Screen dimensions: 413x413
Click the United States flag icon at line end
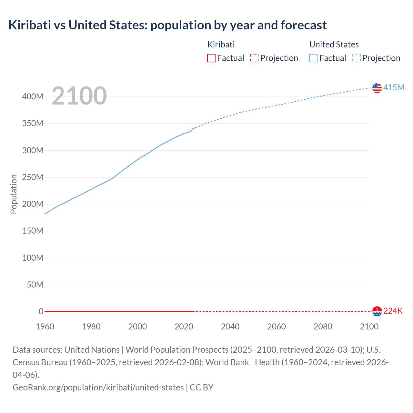[x=377, y=88]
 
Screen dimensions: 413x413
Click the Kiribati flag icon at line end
[x=377, y=311]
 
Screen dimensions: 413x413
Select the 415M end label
[x=394, y=87]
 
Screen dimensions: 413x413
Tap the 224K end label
[x=393, y=311]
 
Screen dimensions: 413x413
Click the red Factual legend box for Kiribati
[x=211, y=58]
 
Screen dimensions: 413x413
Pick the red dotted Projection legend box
[x=254, y=58]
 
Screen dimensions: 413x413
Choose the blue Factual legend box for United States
[x=313, y=58]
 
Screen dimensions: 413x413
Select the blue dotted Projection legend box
[x=357, y=58]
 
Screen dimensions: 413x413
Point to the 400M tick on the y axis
[x=33, y=96]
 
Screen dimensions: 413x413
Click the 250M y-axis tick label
[x=33, y=177]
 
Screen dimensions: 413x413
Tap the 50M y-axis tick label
[x=35, y=285]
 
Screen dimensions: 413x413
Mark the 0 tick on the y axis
[x=41, y=311]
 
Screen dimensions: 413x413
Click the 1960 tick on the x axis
[x=45, y=327]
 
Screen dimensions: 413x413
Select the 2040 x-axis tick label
[x=230, y=327]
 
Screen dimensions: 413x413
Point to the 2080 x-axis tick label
[x=323, y=327]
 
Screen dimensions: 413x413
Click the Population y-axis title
[x=14, y=194]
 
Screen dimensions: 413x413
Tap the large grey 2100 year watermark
[x=79, y=96]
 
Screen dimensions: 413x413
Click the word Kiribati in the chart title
[x=30, y=25]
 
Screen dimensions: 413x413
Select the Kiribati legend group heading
[x=221, y=45]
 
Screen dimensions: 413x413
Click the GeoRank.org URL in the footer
[x=98, y=387]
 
